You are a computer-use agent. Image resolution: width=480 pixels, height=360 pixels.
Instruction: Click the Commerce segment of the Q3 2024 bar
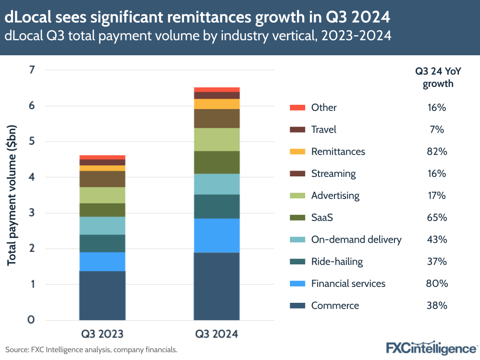[x=217, y=286]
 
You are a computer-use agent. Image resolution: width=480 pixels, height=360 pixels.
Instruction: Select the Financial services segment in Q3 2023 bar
[x=102, y=261]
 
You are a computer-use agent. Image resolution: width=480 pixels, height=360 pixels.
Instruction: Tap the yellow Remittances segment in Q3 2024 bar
[x=217, y=104]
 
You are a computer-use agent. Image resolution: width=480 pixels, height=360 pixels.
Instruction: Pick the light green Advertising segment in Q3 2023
[x=102, y=195]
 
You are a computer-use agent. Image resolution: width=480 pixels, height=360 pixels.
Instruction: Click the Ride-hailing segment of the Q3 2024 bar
[x=217, y=206]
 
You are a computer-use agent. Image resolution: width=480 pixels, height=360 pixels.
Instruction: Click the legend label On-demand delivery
[x=356, y=239]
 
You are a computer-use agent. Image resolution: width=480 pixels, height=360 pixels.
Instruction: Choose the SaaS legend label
[x=322, y=218]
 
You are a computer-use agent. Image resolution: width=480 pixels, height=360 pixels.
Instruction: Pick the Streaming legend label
[x=333, y=174]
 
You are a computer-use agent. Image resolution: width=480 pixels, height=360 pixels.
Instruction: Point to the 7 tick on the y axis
[x=32, y=70]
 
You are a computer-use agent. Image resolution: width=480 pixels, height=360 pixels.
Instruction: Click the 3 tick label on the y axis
[x=32, y=213]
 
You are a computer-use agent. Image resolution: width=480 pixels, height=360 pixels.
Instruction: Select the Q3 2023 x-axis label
[x=102, y=334]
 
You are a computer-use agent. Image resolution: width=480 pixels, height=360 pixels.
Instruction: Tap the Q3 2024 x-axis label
[x=217, y=334]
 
